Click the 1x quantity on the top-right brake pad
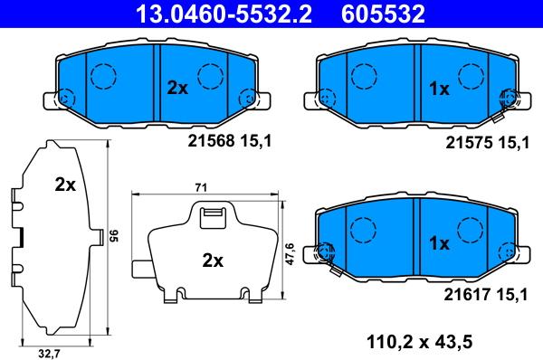[x=439, y=89]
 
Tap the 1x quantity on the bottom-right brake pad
[x=439, y=243]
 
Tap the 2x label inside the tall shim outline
[x=64, y=185]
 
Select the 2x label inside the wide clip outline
[x=212, y=261]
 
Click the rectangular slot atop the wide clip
[x=212, y=215]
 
